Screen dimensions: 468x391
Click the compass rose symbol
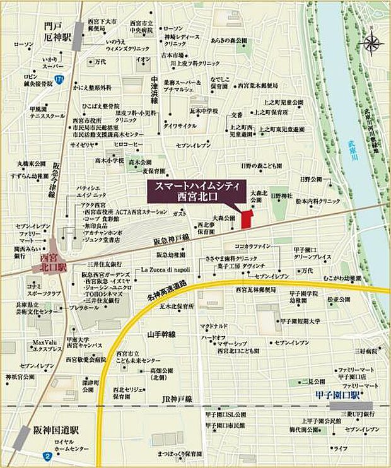tap(370, 42)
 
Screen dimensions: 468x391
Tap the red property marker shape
tap(246, 218)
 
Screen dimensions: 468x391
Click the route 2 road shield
tap(48, 455)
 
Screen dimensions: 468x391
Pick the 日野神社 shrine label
tap(282, 197)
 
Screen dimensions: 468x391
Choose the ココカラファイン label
tap(253, 246)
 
